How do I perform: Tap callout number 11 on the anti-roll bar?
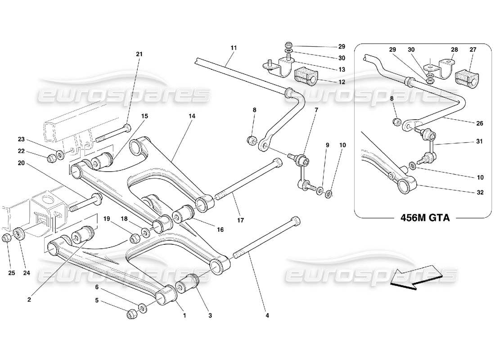coord(233,47)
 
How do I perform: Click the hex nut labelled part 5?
coord(132,313)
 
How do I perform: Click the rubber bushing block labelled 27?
coord(467,77)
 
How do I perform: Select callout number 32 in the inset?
coord(480,193)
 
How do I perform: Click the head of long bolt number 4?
coord(295,221)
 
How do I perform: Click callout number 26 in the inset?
coord(480,123)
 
